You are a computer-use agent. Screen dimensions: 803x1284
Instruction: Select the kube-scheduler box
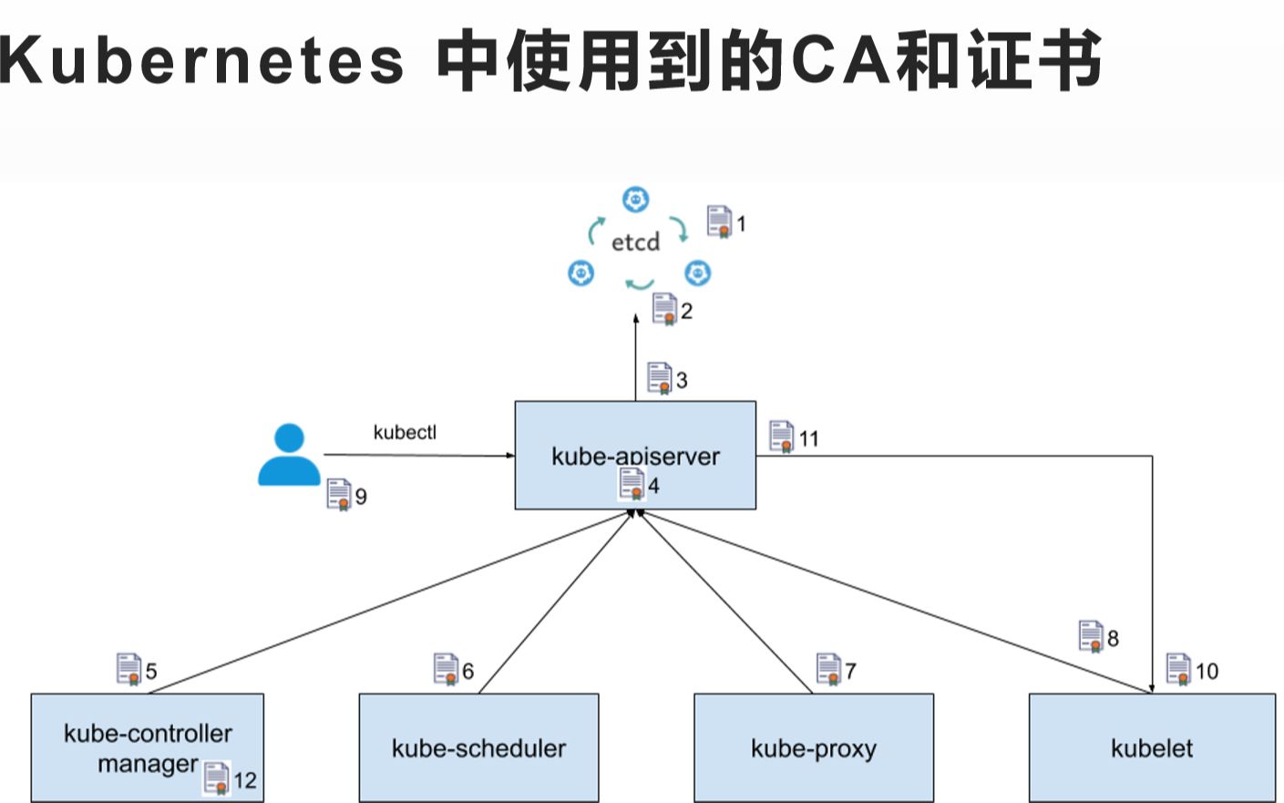[x=478, y=747]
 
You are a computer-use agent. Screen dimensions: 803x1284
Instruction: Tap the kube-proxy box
[x=813, y=747]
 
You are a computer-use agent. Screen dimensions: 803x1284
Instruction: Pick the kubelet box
[x=1152, y=747]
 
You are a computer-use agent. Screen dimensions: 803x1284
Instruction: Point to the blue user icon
[x=289, y=455]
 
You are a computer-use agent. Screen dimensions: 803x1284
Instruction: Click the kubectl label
[x=405, y=432]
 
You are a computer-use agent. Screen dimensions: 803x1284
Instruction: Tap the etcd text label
[x=635, y=242]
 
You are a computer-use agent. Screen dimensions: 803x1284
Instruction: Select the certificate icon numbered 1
[x=719, y=221]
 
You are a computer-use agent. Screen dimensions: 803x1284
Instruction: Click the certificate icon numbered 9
[x=338, y=494]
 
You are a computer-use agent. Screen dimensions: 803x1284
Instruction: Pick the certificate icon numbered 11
[x=781, y=437]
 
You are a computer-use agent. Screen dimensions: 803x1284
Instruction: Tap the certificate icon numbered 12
[x=216, y=778]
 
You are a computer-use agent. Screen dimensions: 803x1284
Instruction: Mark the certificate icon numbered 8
[x=1091, y=636]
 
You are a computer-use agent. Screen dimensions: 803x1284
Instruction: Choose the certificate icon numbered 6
[x=446, y=669]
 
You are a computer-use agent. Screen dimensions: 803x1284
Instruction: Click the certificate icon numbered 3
[x=659, y=377]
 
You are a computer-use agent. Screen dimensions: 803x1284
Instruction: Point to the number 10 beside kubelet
[x=1207, y=672]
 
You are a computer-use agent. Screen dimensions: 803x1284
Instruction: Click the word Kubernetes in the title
[x=201, y=60]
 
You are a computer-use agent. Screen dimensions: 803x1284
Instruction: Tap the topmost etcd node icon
[x=635, y=200]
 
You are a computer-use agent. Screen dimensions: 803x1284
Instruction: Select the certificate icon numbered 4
[x=631, y=483]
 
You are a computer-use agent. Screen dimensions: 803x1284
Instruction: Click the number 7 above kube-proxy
[x=850, y=672]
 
